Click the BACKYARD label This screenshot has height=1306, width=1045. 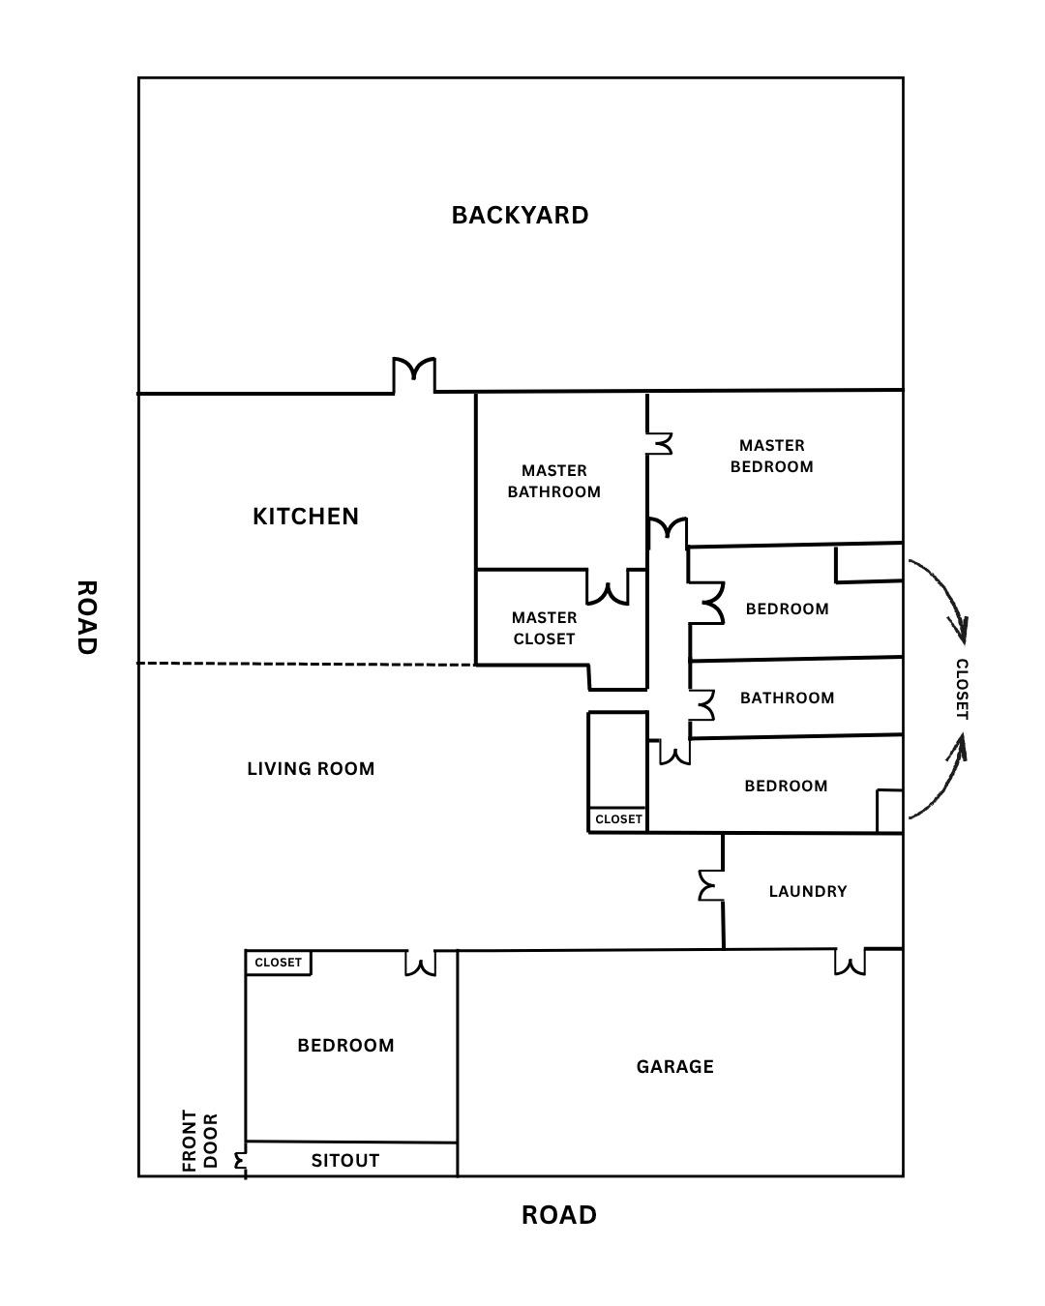[x=520, y=215]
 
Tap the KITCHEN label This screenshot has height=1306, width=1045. [x=306, y=517]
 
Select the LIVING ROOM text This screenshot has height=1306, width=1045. [x=311, y=769]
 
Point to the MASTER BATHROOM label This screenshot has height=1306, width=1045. [x=554, y=481]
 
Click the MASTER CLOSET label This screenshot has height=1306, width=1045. [x=544, y=628]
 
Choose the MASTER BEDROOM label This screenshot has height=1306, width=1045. [x=771, y=456]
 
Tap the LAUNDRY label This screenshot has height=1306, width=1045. [x=808, y=891]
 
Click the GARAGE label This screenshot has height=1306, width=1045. [x=675, y=1066]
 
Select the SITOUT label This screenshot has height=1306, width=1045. [x=345, y=1160]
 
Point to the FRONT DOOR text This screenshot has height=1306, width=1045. [x=201, y=1141]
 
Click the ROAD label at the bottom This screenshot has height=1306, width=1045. [x=559, y=1215]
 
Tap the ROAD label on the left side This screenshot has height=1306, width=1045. [x=86, y=617]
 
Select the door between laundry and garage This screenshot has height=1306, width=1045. [x=850, y=962]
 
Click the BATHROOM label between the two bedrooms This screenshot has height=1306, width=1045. [x=787, y=698]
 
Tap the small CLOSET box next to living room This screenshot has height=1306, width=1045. [x=618, y=819]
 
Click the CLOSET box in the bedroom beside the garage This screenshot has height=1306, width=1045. [x=279, y=963]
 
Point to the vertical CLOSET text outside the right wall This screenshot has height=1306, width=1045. [x=962, y=689]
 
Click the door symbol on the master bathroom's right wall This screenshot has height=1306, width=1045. [x=660, y=443]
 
